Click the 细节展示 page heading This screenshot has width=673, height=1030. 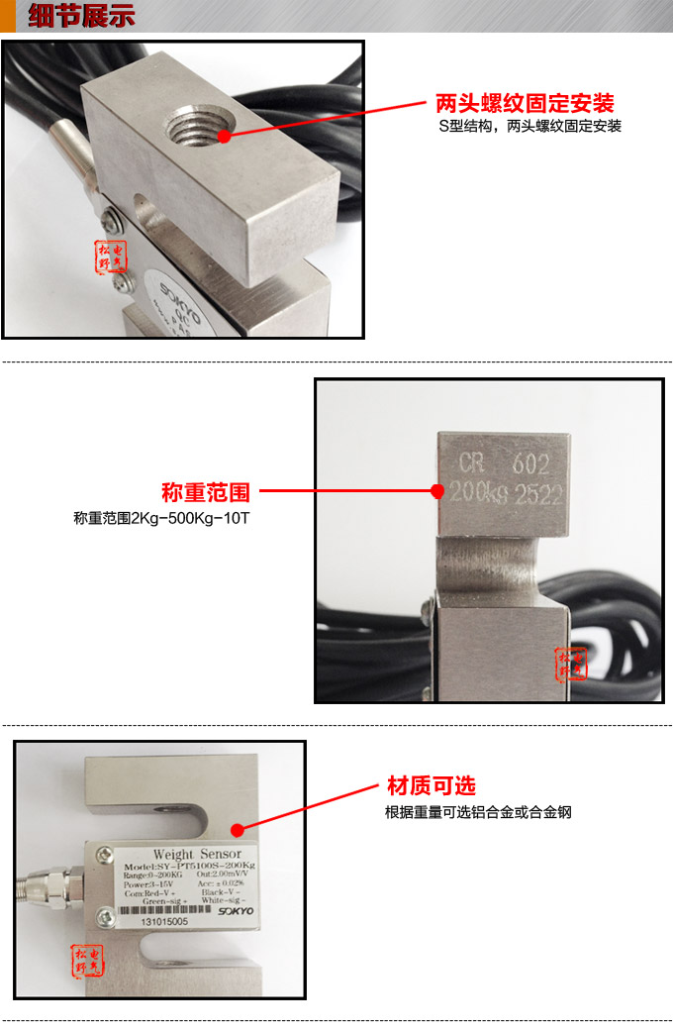(x=81, y=17)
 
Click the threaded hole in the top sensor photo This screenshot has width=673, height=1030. (x=198, y=129)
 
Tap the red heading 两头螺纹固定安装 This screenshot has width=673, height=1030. (x=525, y=104)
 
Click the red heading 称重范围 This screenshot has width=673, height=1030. (x=206, y=492)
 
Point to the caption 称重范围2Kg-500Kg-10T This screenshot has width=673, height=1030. (x=161, y=518)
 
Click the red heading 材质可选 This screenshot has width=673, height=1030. (x=431, y=786)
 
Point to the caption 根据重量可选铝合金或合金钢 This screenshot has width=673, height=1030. (x=478, y=812)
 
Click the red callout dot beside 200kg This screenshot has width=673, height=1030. (x=436, y=490)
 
